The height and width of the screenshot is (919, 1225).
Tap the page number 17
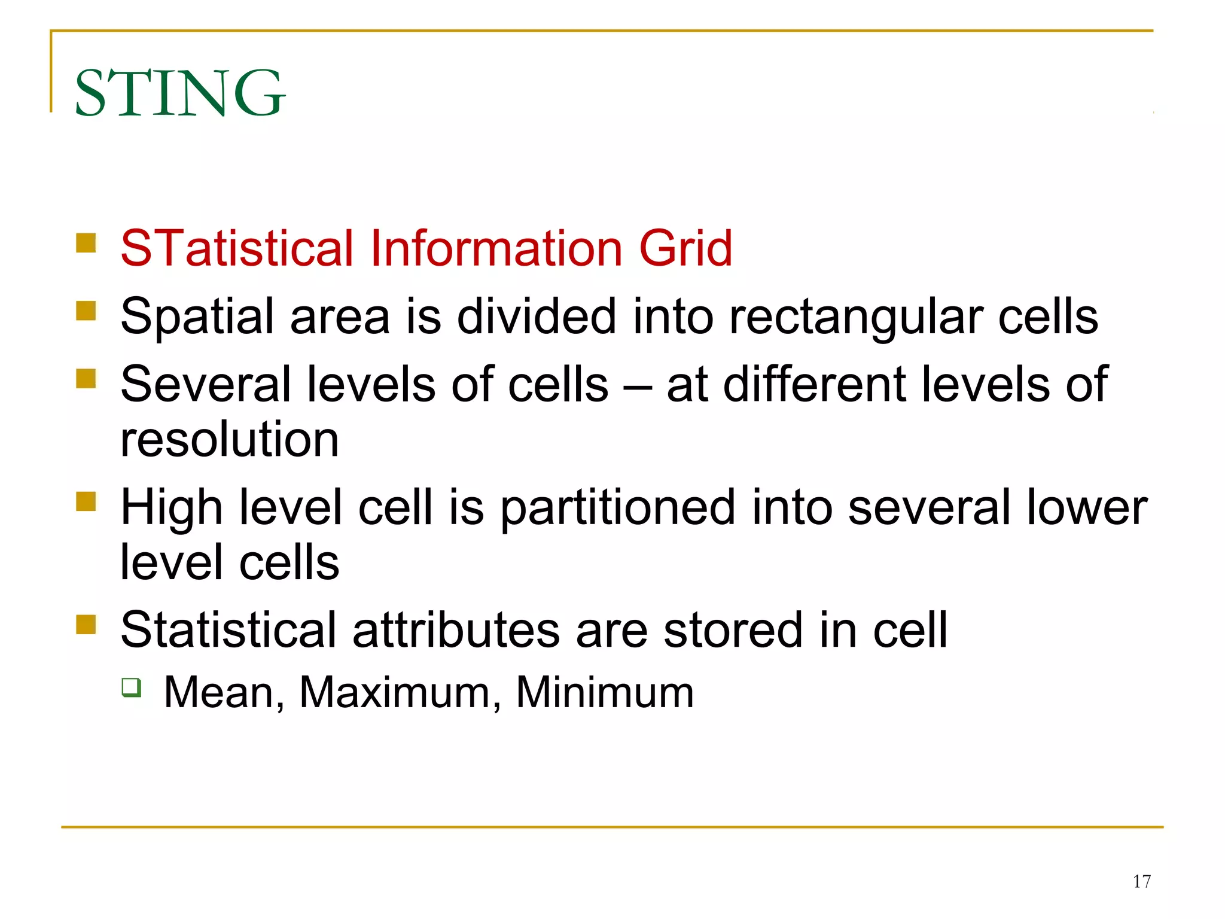pyautogui.click(x=1141, y=881)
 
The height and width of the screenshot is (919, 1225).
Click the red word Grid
pyautogui.click(x=685, y=248)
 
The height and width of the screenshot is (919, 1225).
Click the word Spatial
pyautogui.click(x=197, y=317)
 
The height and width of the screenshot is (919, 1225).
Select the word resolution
pyautogui.click(x=230, y=440)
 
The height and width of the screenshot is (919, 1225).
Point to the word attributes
pyautogui.click(x=456, y=630)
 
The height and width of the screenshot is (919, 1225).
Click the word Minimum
pyautogui.click(x=604, y=692)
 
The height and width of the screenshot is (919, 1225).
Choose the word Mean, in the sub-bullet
pyautogui.click(x=224, y=693)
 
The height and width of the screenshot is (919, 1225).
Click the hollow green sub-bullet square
pyautogui.click(x=132, y=687)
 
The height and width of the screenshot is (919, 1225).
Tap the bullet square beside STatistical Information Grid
pyautogui.click(x=86, y=243)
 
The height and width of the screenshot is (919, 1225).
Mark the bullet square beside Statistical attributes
pyautogui.click(x=86, y=625)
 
